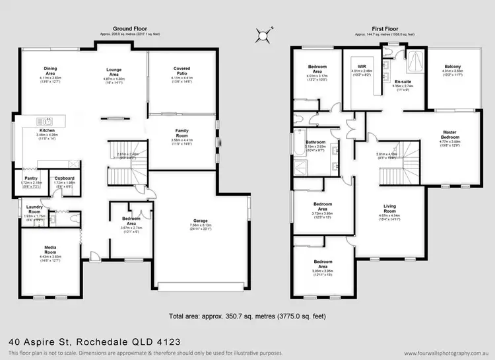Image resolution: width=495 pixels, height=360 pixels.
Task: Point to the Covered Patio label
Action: click(x=182, y=69)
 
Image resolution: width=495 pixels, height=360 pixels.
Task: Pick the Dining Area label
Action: click(x=51, y=69)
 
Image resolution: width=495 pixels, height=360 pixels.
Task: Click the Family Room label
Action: click(x=182, y=132)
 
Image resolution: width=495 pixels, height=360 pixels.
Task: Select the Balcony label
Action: click(x=453, y=66)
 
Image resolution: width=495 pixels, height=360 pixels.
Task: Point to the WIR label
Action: click(x=362, y=67)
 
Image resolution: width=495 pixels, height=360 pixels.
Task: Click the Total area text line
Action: click(x=247, y=316)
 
